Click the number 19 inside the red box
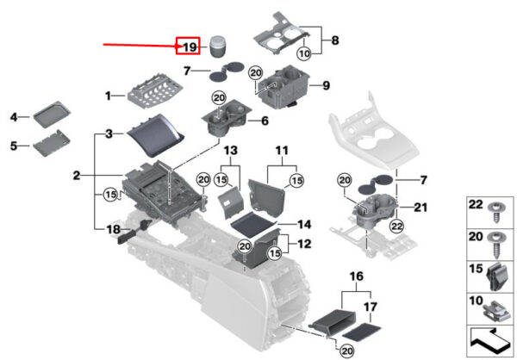coord(190,47)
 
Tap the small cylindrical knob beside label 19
coord(217,44)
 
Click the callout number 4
coord(14,116)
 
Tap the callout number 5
coord(14,146)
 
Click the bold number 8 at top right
coord(335,40)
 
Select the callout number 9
coord(326,85)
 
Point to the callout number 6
coord(265,121)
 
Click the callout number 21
coord(420,208)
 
